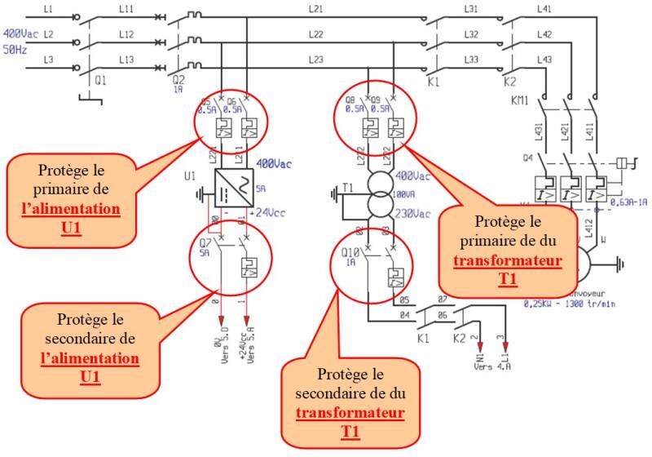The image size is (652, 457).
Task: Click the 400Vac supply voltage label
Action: pos(20,34)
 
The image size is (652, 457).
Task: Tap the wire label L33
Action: pos(471,59)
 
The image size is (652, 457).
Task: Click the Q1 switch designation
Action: pos(100,81)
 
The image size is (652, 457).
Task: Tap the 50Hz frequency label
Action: pos(15,50)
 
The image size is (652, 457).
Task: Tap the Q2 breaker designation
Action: pos(179,81)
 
